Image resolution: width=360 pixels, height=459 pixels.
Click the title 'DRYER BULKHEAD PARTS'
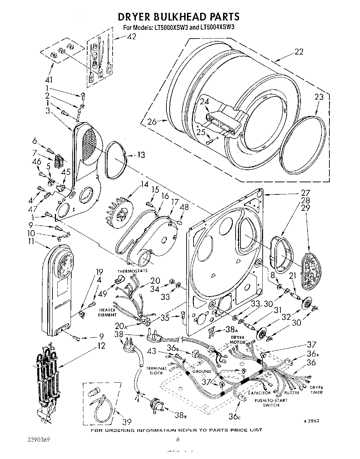[x=179, y=16]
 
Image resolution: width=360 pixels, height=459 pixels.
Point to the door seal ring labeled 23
[x=303, y=144]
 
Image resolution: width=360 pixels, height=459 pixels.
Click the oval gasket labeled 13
[x=115, y=160]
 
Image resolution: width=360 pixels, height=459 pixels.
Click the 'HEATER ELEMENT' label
[x=107, y=312]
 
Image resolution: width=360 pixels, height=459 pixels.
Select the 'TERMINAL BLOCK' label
[x=156, y=370]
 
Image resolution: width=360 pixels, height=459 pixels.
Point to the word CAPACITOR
[x=259, y=393]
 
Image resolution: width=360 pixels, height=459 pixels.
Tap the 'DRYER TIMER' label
[x=316, y=390]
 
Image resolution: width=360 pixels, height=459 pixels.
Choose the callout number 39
[x=127, y=422]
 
